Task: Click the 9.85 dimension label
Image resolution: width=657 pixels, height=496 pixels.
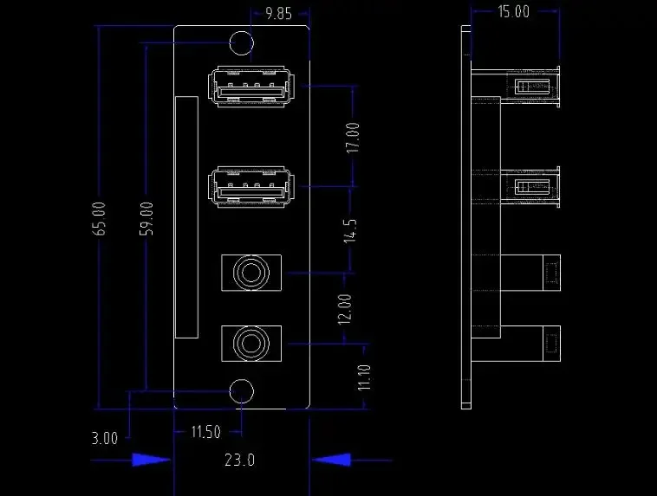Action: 279,13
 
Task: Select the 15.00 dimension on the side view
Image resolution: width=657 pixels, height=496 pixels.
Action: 513,11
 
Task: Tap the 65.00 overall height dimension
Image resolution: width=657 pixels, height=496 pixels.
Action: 101,218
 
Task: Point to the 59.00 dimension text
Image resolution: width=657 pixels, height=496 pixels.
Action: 146,218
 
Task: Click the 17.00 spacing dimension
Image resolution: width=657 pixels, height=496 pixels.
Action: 352,138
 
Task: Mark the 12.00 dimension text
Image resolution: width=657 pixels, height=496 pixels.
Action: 345,308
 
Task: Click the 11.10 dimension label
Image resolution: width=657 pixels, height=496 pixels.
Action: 364,378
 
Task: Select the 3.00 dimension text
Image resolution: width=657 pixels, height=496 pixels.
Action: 104,438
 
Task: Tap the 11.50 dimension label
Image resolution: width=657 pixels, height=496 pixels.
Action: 205,432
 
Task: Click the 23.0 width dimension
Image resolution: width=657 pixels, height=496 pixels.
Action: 240,460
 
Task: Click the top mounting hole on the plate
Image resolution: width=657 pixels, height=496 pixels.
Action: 241,42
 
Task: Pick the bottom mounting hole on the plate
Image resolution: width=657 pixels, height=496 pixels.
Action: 242,391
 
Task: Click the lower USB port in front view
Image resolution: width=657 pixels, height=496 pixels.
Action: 251,187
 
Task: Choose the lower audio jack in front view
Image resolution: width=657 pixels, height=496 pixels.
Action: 251,344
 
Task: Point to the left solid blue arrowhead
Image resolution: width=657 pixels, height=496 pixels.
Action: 153,460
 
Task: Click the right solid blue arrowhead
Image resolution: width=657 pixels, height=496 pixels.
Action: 330,460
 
